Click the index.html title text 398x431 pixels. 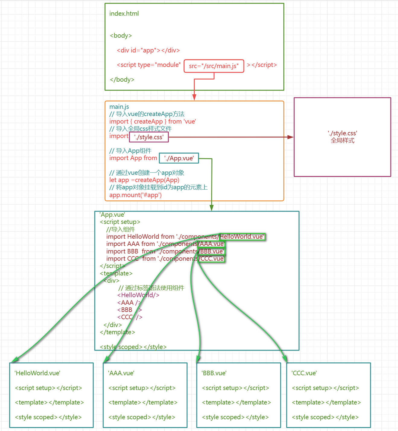pos(124,14)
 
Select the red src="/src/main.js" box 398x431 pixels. pos(214,66)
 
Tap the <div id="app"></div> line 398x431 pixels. pos(148,50)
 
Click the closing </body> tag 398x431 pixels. pos(122,80)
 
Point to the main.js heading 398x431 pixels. pos(119,107)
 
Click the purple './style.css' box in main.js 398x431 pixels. pos(149,137)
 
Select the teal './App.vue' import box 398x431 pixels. pos(179,158)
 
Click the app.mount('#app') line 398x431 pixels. pos(135,195)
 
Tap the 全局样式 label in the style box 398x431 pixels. pos(342,140)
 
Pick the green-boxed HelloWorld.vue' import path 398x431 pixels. pos(242,237)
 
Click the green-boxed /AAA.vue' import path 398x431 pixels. pos(212,244)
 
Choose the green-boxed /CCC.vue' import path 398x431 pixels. pos(212,259)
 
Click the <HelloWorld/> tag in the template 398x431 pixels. pos(138,295)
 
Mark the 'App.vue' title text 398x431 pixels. pos(112,215)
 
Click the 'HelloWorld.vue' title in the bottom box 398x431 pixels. pos(37,373)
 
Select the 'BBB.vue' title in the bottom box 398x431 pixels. pos(214,373)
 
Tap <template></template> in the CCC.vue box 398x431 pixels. pos(326,402)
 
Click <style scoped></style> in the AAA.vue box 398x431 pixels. pos(142,417)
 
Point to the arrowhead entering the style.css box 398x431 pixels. pos(291,137)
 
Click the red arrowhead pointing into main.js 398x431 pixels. pos(194,97)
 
